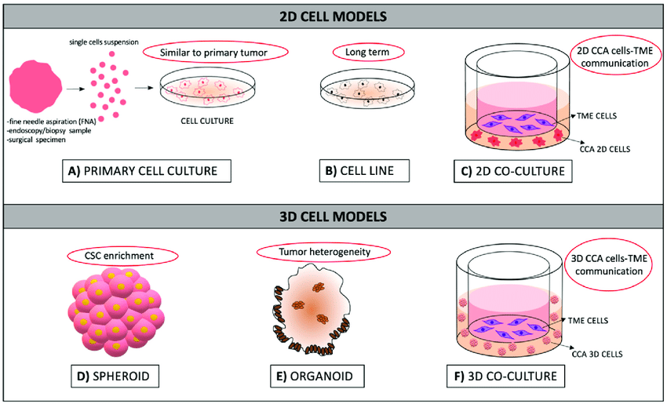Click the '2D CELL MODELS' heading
tap(333, 16)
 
